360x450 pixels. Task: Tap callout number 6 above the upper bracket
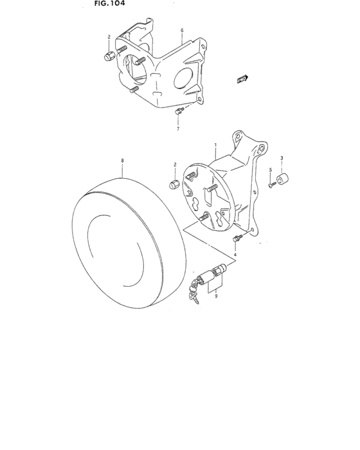(182, 30)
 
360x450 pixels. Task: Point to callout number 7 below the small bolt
(178, 129)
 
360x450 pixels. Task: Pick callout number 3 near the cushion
(281, 157)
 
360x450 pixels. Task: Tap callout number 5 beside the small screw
(271, 170)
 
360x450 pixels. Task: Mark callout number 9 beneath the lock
(216, 296)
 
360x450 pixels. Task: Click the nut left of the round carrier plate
(174, 185)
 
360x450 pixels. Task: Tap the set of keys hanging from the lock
(193, 293)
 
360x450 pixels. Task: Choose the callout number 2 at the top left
(109, 37)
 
